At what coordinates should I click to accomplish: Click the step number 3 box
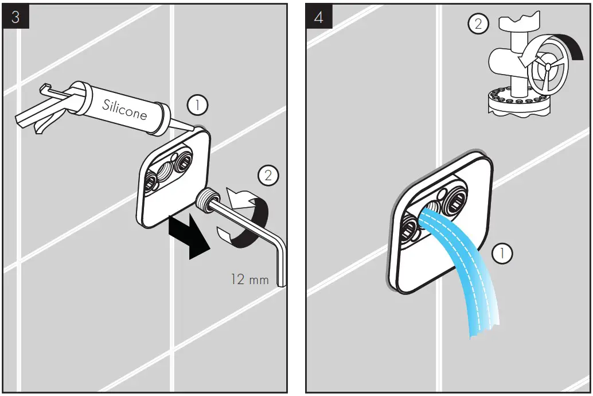click(15, 17)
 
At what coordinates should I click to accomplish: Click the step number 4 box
click(318, 17)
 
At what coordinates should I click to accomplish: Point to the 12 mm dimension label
click(249, 279)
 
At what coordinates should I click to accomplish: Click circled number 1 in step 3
click(197, 105)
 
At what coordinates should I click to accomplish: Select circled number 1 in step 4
click(502, 252)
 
